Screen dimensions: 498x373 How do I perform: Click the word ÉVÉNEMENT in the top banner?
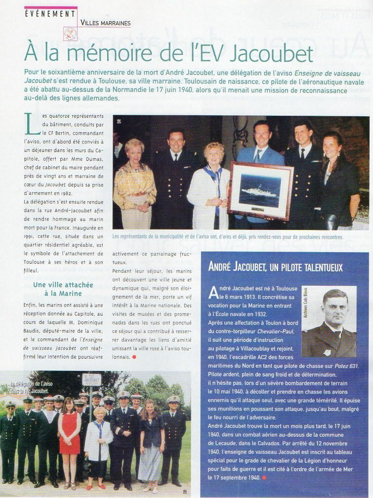(50, 13)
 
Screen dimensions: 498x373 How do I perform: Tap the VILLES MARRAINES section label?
(105, 23)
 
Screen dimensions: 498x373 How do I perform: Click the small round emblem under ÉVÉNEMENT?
(70, 33)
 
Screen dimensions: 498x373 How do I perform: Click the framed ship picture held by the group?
(260, 190)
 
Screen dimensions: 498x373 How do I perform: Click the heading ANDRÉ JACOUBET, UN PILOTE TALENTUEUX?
(276, 268)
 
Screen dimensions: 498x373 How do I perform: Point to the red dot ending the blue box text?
(265, 477)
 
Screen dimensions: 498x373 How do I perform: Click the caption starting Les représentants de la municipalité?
(227, 237)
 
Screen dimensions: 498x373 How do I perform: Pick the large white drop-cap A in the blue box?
(213, 292)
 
